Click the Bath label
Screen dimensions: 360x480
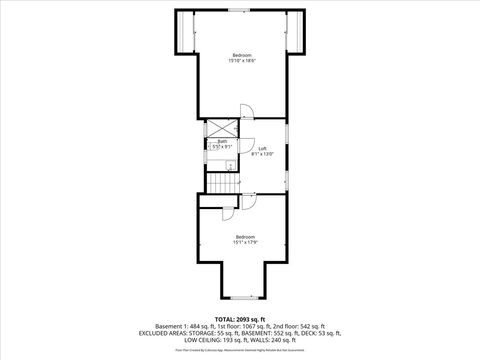[x=221, y=141]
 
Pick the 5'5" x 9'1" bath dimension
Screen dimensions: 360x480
[x=221, y=147]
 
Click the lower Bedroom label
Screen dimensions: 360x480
[x=245, y=236]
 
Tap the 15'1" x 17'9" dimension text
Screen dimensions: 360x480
[x=245, y=242]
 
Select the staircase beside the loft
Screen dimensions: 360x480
[x=221, y=183]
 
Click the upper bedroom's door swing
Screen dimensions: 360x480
[x=253, y=113]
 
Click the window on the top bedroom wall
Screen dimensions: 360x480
[x=240, y=10]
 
